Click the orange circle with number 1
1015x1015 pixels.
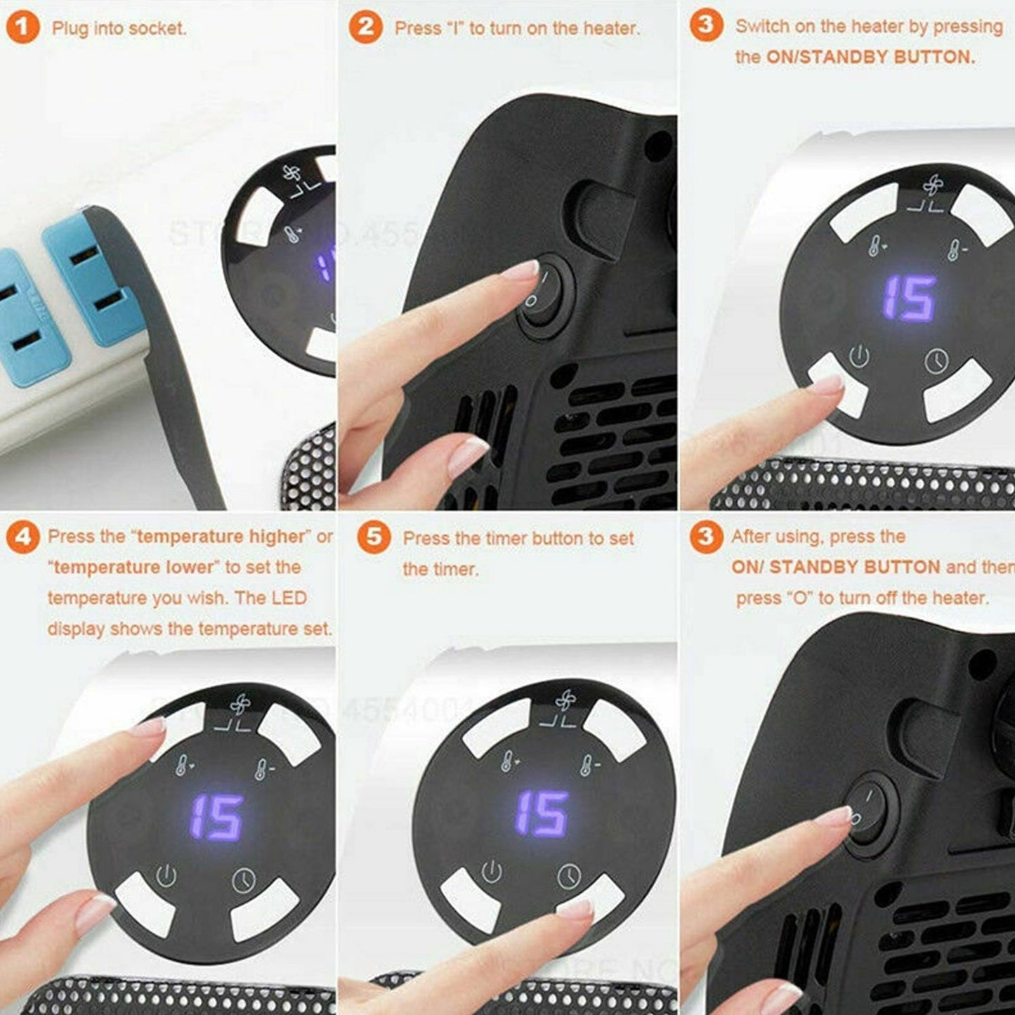[x=22, y=28]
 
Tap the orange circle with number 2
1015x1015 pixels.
[x=365, y=28]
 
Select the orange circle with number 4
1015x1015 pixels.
[x=22, y=537]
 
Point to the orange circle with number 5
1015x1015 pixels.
[x=374, y=537]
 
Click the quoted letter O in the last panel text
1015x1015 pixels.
[x=797, y=598]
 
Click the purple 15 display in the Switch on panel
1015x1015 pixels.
[x=909, y=299]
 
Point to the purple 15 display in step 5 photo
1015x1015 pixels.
[x=541, y=813]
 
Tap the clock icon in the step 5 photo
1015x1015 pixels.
[x=569, y=875]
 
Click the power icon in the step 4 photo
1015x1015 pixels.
[x=166, y=876]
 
